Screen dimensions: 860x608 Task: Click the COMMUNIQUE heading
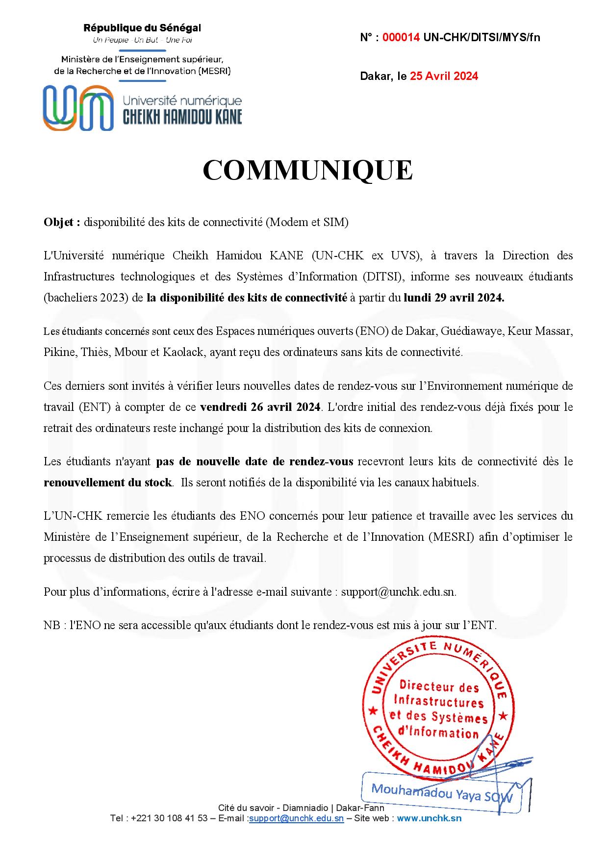click(307, 170)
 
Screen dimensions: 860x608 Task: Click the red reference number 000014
click(401, 37)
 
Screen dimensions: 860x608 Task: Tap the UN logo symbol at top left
click(78, 108)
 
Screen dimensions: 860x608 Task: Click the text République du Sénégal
click(142, 28)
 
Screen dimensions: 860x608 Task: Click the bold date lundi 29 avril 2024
click(454, 298)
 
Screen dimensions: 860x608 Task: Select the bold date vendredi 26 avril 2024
click(260, 407)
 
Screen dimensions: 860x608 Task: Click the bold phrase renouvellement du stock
click(108, 482)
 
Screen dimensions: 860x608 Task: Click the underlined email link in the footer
click(296, 818)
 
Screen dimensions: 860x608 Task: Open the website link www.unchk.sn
click(429, 818)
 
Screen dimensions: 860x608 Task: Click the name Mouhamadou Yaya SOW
click(441, 793)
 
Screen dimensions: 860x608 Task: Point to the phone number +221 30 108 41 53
click(170, 818)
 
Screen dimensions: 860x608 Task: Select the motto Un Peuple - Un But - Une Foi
click(142, 40)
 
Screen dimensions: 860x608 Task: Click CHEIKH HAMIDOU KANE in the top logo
click(182, 117)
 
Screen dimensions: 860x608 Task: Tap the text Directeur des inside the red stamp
click(432, 687)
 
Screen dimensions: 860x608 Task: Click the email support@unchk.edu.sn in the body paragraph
click(398, 592)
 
